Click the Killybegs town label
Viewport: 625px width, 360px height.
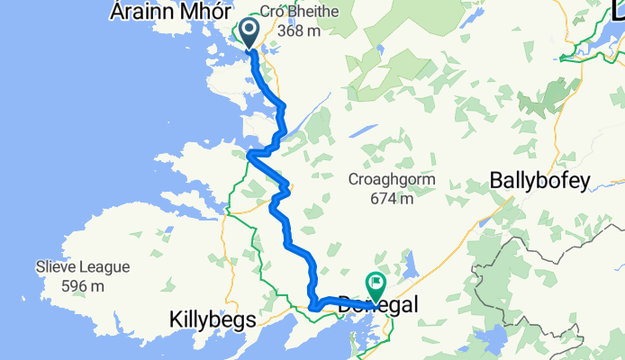[213, 319]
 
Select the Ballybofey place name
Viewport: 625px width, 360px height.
[539, 181]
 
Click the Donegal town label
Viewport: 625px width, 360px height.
[378, 306]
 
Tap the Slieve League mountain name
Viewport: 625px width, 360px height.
[83, 267]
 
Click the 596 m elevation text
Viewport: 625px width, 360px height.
[83, 285]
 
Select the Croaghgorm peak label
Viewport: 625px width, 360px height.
[392, 179]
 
